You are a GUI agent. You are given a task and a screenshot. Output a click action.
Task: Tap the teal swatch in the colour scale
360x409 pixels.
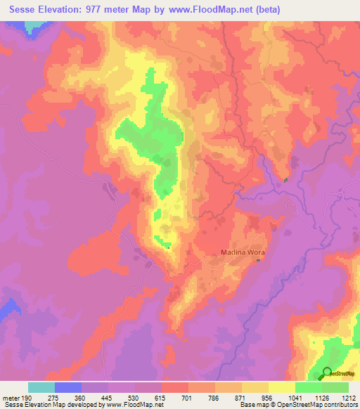pos(41,387)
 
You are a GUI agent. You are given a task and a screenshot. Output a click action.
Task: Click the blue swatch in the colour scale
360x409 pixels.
pos(68,387)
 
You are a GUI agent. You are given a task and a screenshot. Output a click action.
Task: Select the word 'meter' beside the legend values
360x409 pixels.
pos(12,398)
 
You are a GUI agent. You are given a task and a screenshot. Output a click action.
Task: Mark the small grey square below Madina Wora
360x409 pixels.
pos(258,261)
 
